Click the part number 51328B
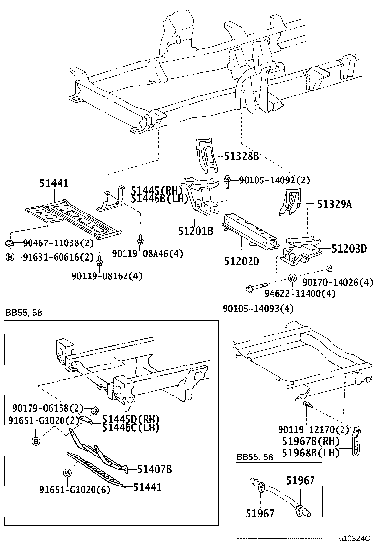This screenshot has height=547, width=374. coord(241,157)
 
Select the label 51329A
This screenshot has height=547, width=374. coord(334,205)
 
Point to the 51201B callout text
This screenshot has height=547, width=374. coord(195,230)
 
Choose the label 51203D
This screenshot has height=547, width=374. coord(348,249)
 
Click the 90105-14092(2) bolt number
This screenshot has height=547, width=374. coord(274,181)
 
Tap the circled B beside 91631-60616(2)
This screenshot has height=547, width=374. coord(9,257)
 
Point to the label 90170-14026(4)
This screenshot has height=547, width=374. coord(337,282)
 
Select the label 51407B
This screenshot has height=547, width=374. coord(154,470)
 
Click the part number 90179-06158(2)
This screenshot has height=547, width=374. coord(47,408)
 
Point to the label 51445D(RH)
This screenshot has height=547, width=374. coord(131,420)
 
